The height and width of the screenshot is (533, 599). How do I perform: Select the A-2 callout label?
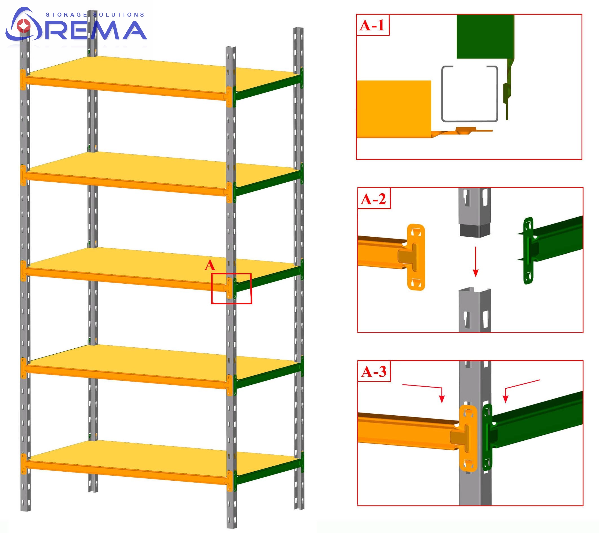coord(373,199)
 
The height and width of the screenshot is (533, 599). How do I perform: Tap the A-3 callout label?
coord(374,372)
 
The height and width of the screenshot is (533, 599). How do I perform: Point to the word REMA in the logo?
coord(95,30)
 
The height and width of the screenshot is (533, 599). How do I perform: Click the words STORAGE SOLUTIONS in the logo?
coord(95,15)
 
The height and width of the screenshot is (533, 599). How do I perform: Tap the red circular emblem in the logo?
coord(23,26)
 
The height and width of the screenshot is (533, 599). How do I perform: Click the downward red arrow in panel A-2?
coord(476,262)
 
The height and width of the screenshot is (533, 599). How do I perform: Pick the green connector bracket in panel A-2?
coord(528,251)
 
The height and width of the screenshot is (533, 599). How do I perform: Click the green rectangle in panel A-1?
coord(485,36)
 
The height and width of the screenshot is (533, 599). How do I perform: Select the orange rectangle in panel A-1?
coord(394,109)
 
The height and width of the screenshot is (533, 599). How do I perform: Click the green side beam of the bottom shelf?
coord(268,472)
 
